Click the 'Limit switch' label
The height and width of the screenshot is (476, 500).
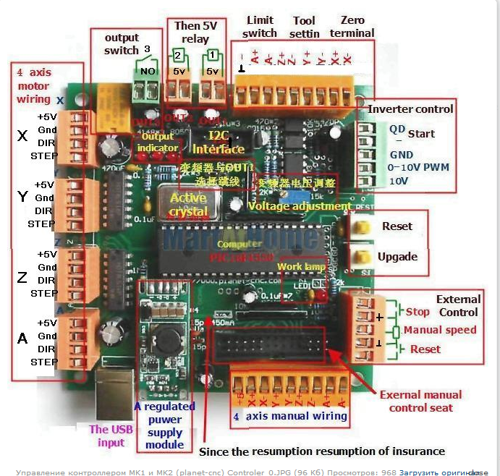pos(260,27)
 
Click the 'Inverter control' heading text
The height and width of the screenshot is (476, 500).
pos(411,109)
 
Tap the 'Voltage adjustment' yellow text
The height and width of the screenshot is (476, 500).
pos(300,206)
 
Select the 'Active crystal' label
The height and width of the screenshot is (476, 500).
pos(188,203)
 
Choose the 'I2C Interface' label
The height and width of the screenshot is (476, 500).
pos(219,142)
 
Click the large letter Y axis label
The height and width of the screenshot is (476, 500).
pos(22,197)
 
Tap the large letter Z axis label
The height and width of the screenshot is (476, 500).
pos(22,278)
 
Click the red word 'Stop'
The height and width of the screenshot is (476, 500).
pos(418,312)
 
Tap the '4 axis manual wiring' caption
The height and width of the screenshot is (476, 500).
pos(290,416)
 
